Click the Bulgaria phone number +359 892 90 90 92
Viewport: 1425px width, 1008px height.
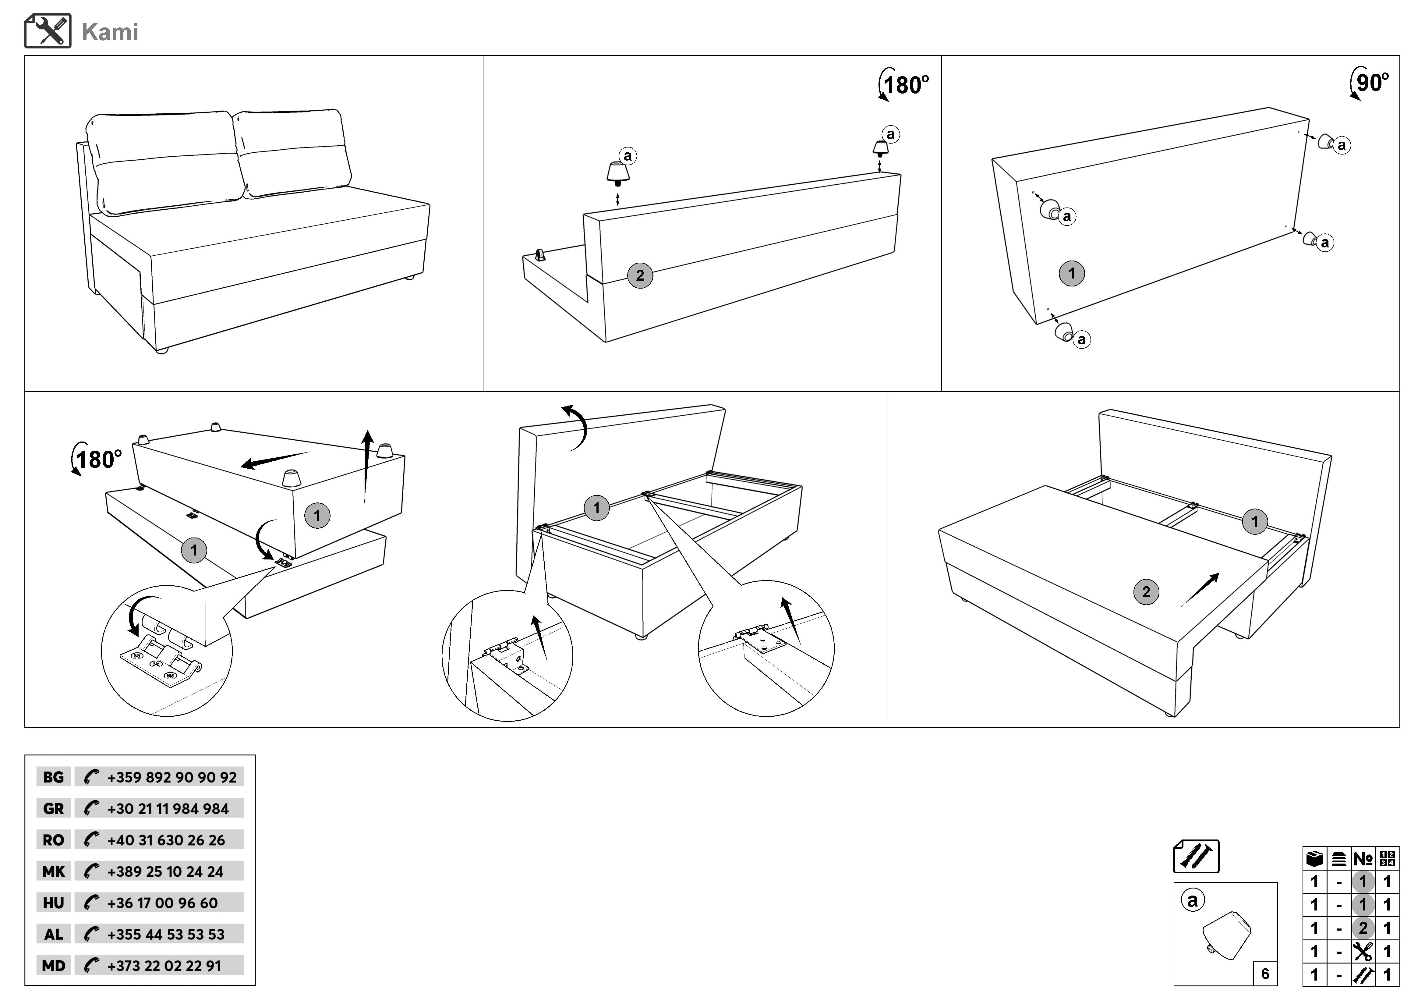(x=171, y=777)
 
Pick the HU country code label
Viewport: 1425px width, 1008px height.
(x=53, y=903)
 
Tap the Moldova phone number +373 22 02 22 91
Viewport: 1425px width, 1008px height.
(x=164, y=966)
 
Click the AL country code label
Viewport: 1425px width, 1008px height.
(x=53, y=934)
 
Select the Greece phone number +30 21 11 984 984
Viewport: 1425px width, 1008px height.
(x=168, y=809)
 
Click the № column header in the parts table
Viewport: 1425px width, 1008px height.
(x=1363, y=859)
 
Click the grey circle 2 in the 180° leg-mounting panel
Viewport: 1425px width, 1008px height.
(x=640, y=275)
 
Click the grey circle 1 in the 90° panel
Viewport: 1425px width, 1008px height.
(x=1071, y=273)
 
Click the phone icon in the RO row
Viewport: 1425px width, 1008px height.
(x=91, y=840)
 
